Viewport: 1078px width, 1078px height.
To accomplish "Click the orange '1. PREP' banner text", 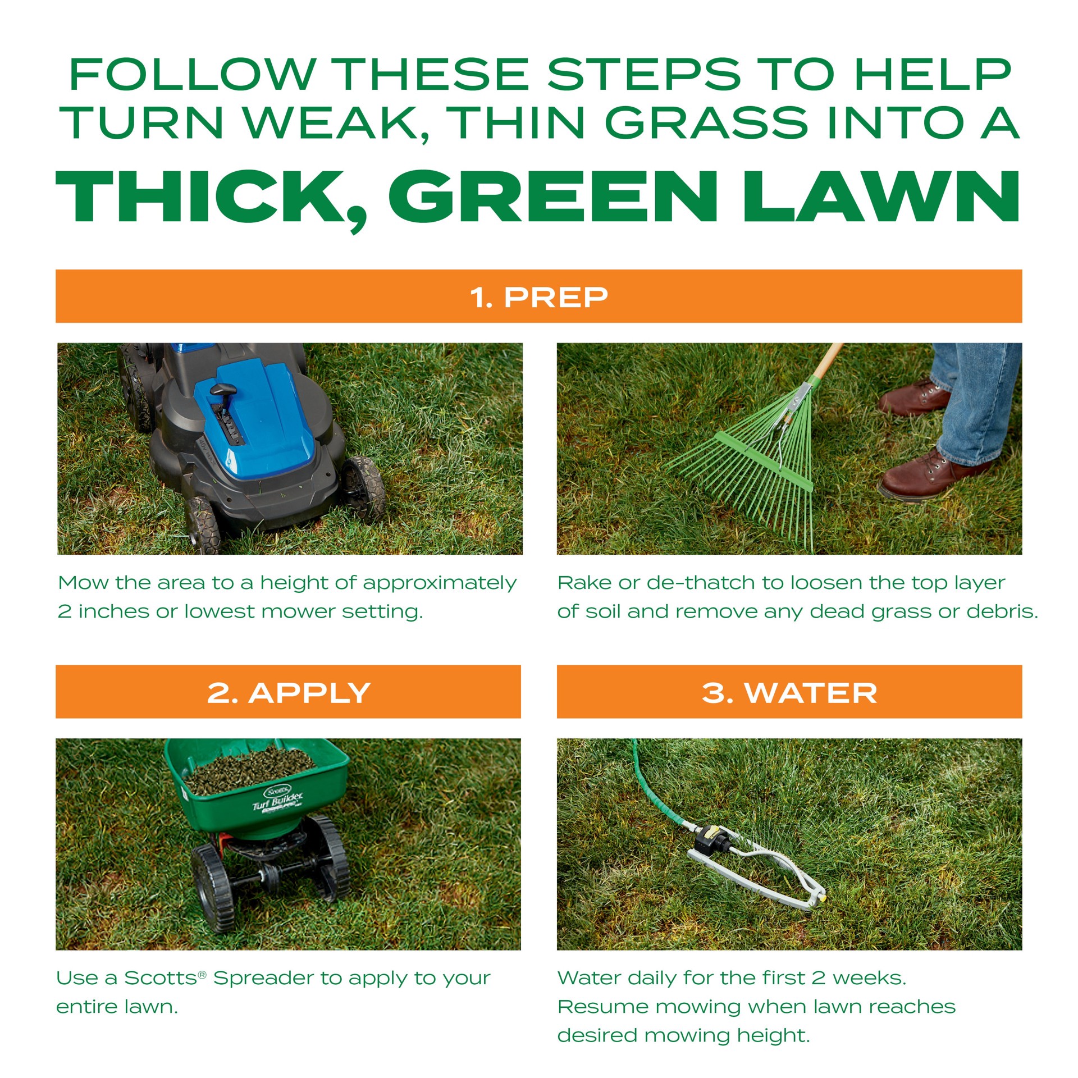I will [x=538, y=297].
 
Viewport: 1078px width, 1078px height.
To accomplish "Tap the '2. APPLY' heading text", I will [x=288, y=692].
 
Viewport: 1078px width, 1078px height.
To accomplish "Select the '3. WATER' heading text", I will [x=789, y=692].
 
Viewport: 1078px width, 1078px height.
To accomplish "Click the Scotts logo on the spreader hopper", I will [x=277, y=792].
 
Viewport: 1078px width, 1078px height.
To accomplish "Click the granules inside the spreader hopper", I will [x=250, y=768].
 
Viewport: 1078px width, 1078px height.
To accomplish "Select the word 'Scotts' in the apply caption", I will [x=161, y=978].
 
